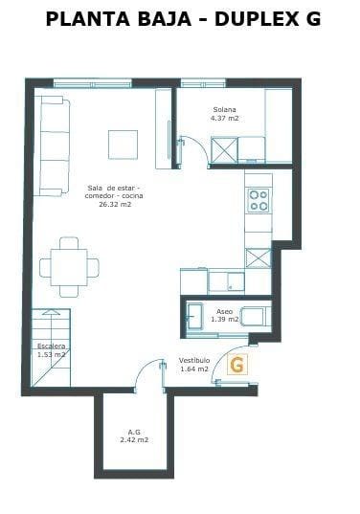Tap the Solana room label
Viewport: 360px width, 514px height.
[x=224, y=110]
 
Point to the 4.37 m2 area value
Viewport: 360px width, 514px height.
[x=225, y=119]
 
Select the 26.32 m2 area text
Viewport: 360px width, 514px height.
[x=114, y=204]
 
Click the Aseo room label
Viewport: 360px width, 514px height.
[x=224, y=312]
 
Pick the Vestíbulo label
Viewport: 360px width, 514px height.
[x=194, y=360]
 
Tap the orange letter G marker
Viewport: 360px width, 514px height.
[x=237, y=364]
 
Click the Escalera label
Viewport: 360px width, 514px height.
[x=51, y=346]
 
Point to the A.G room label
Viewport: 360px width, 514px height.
[x=134, y=432]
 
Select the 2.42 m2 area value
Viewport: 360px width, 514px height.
[x=134, y=440]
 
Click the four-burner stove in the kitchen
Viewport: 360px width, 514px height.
[x=259, y=200]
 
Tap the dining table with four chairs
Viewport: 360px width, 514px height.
[x=69, y=265]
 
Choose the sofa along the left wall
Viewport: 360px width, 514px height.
[x=53, y=144]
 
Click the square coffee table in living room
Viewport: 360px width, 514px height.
[x=123, y=144]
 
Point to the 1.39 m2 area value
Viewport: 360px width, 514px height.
[x=225, y=321]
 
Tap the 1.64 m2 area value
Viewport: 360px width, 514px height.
[x=194, y=369]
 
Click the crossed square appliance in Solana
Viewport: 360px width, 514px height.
[x=224, y=150]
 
